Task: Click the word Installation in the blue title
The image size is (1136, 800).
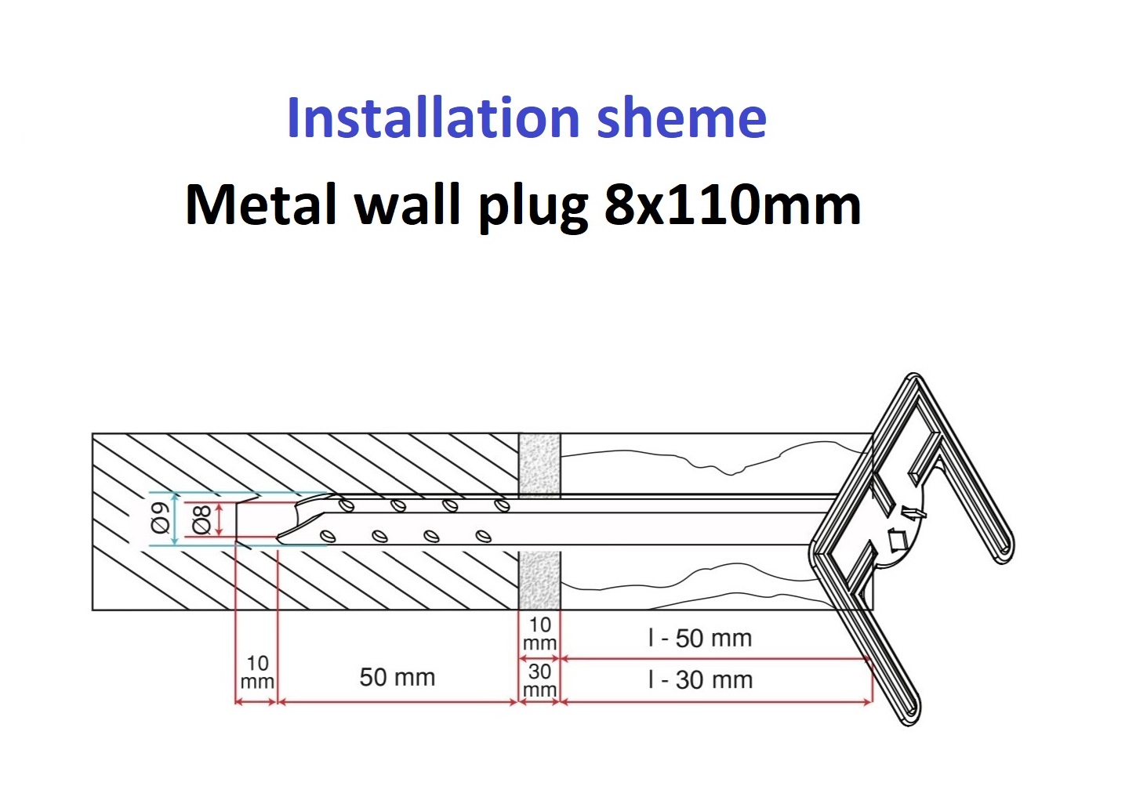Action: [x=433, y=118]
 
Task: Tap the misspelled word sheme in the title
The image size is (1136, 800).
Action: [x=681, y=118]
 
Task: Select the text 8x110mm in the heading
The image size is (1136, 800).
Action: [x=733, y=205]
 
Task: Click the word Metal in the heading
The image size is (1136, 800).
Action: [x=261, y=205]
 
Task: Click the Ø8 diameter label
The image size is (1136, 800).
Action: [x=201, y=519]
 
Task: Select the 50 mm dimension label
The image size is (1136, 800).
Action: [x=397, y=677]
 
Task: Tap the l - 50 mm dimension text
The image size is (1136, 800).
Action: [x=700, y=639]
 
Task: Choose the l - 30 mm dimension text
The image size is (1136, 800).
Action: [x=700, y=680]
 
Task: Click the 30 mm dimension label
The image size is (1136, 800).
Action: [x=539, y=680]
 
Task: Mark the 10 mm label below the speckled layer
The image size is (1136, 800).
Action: [x=539, y=634]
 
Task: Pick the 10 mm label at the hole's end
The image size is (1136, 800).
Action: [x=257, y=672]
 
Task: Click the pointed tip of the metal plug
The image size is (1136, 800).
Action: [x=277, y=538]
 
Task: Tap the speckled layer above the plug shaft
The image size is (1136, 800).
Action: [x=539, y=463]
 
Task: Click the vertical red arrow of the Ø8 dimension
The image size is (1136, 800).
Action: [x=219, y=519]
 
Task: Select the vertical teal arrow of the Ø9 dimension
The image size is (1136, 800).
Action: [x=175, y=519]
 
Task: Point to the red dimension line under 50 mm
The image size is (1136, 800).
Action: [x=397, y=703]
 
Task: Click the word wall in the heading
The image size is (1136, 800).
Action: [x=407, y=205]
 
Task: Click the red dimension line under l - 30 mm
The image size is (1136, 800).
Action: [x=717, y=703]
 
